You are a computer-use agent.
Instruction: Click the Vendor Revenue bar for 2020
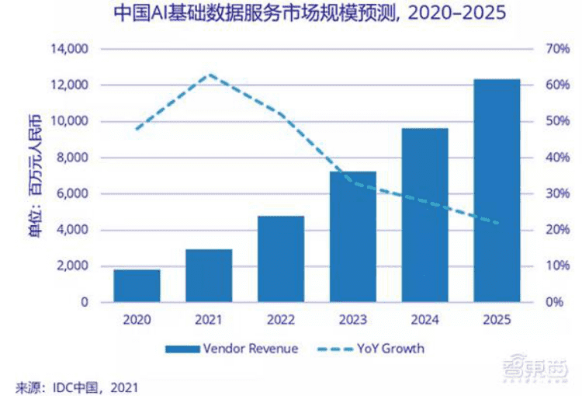137,286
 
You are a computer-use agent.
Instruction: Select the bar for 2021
209,276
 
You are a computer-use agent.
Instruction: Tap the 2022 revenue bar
281,259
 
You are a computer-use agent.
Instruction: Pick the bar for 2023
353,236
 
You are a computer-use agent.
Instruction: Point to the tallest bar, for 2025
497,190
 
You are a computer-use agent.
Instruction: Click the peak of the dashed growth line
209,75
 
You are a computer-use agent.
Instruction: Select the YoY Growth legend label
391,349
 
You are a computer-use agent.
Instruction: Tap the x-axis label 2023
353,319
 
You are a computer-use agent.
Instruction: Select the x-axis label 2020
137,319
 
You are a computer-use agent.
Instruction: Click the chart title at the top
291,14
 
